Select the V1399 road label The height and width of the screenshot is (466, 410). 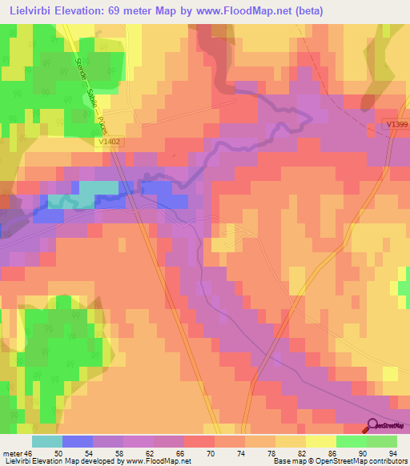pos(396,124)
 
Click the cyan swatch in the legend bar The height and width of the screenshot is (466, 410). pos(47,441)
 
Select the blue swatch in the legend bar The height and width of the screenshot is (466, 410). pos(78,441)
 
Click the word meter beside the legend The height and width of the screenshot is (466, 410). pos(14,453)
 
